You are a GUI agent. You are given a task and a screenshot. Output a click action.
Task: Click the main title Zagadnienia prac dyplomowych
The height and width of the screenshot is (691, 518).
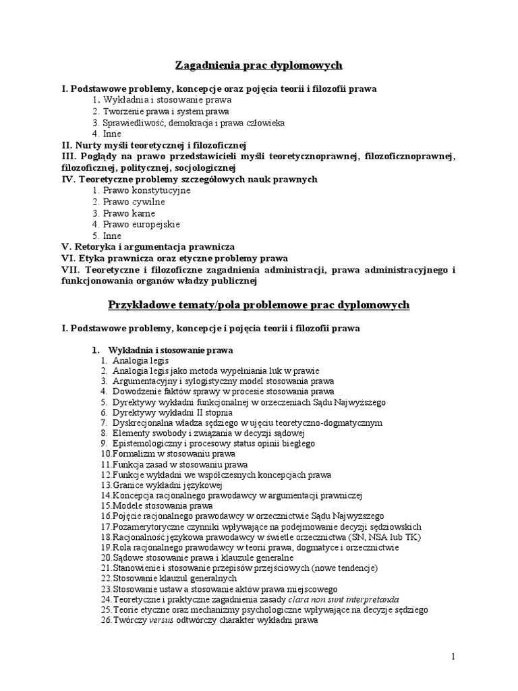[259, 65]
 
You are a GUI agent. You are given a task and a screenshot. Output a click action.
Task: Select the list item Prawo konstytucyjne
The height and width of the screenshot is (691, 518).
[146, 190]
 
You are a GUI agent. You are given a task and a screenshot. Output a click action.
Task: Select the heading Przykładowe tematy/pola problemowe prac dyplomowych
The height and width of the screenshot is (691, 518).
[259, 305]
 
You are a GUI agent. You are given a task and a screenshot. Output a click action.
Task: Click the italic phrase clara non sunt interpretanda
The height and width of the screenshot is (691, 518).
[343, 599]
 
